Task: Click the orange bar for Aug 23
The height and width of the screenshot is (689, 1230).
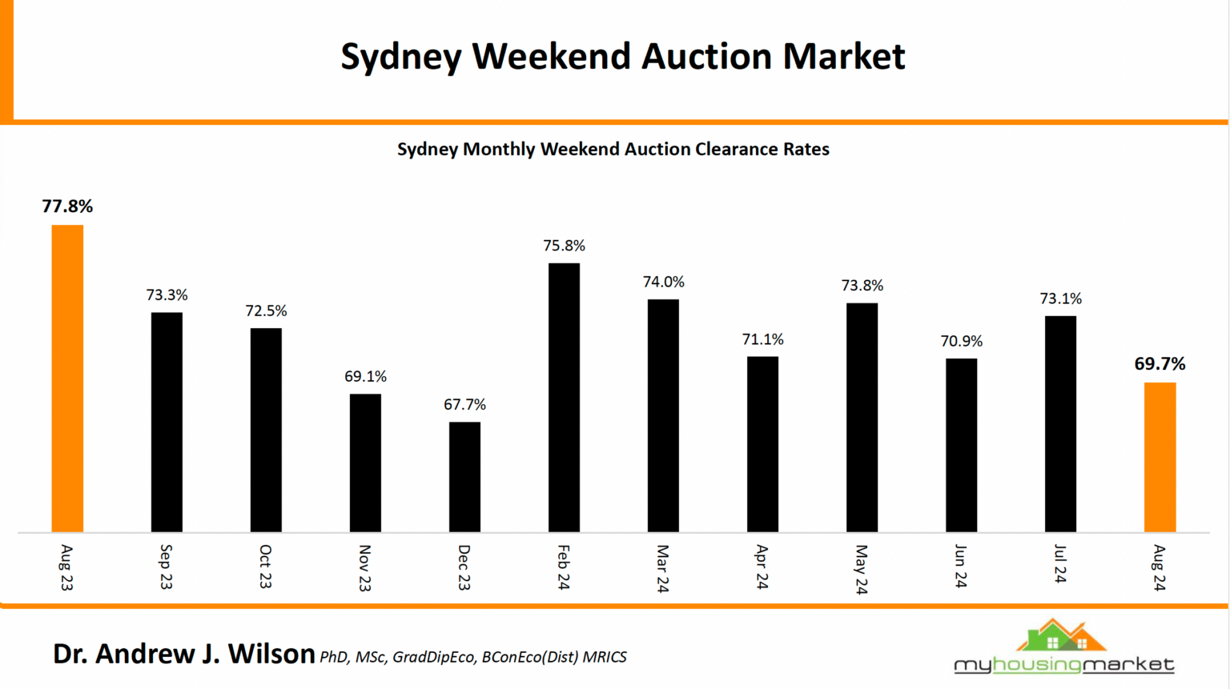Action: point(67,379)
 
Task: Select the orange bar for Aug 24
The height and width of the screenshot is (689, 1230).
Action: point(1160,457)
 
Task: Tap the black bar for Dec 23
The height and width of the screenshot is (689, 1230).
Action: point(464,477)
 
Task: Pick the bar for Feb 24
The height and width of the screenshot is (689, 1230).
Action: point(564,398)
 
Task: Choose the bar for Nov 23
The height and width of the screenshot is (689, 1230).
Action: point(365,463)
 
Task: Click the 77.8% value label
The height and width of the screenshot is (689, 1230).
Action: point(67,206)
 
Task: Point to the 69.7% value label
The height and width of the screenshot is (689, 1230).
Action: point(1160,364)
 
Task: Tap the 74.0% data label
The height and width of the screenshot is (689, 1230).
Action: point(663,282)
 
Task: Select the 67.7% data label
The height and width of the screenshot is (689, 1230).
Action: point(464,405)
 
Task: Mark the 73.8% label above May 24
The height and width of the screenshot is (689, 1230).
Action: point(862,286)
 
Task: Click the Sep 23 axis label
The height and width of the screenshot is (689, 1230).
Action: point(166,567)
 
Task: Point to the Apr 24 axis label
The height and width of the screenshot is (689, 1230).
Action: point(762,567)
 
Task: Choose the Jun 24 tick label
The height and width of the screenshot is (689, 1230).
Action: point(960,567)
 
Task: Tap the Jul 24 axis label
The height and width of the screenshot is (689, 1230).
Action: point(1060,564)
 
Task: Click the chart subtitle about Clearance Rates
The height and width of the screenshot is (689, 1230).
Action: point(613,150)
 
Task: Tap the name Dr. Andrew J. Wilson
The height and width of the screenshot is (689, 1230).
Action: point(183,654)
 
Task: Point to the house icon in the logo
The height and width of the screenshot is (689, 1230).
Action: point(1061,636)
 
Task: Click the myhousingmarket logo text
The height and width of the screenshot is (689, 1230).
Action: point(1063,664)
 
